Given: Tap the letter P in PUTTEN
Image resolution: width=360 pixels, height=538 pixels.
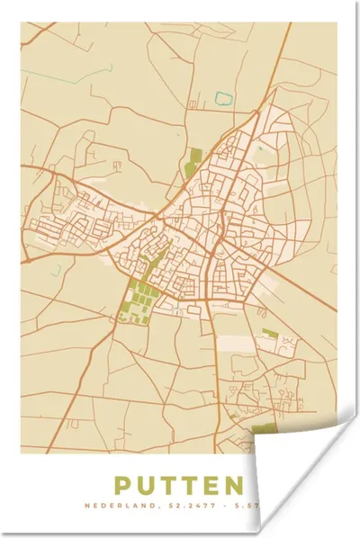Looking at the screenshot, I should click(x=124, y=486).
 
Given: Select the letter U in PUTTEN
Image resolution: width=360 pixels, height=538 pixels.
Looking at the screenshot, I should click(x=148, y=486).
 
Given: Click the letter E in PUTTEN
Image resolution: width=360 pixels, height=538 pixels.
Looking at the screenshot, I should click(x=213, y=486).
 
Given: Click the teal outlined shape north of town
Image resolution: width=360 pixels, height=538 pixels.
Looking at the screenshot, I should click(x=223, y=96).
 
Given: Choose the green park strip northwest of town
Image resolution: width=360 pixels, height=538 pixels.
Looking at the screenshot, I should click(x=193, y=162).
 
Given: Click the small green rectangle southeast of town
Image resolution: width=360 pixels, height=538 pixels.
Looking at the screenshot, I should click(x=268, y=333).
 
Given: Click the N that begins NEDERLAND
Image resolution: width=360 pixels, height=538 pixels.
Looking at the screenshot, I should click(x=112, y=509).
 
